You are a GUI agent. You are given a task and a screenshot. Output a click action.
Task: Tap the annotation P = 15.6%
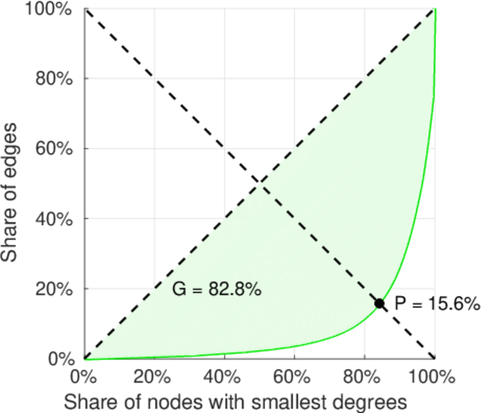point(435,304)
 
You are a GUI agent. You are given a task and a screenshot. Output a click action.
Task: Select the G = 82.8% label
point(216,290)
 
